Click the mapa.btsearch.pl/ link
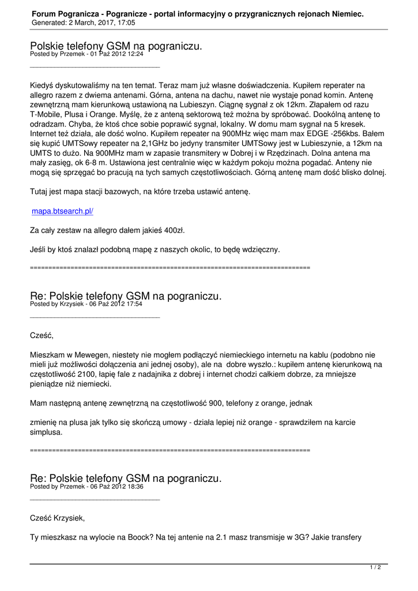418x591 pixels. click(62, 212)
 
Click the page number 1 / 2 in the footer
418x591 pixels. click(375, 568)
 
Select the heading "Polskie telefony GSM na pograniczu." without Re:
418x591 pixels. click(116, 46)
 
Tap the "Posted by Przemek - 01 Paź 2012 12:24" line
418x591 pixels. click(86, 54)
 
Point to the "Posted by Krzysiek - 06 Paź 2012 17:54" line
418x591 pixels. click(86, 304)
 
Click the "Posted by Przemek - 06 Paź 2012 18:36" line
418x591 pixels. click(86, 487)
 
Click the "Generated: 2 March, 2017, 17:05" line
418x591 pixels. click(84, 23)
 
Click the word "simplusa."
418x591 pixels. click(47, 432)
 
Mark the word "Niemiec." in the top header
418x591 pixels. click(347, 13)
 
